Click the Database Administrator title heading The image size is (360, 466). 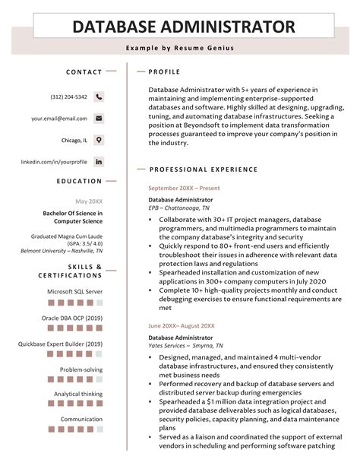coord(183,27)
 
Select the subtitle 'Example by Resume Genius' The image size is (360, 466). coord(180,49)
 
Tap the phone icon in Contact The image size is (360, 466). coord(99,97)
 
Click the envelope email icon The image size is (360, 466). coord(99,119)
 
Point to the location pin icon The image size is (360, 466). coord(99,140)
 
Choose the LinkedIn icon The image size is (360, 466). coord(99,162)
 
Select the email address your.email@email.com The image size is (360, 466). coord(59,119)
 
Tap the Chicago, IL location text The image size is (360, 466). coord(74,141)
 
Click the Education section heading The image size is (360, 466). coord(79,181)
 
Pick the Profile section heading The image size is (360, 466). coord(165,72)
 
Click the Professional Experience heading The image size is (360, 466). coord(204,170)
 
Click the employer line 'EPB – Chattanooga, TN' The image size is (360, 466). coord(179,208)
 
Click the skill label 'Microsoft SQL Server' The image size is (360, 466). coord(74,291)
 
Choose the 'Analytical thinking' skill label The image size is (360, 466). coord(78,394)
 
